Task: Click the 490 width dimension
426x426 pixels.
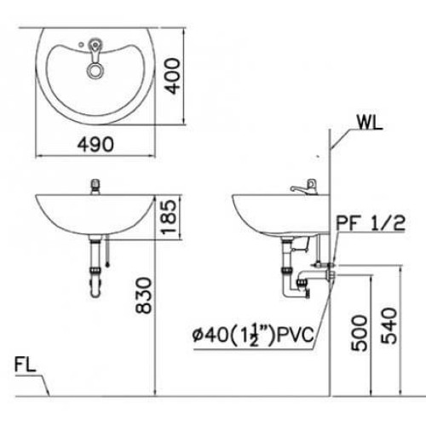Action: coord(95,144)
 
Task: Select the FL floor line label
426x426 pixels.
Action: coord(26,369)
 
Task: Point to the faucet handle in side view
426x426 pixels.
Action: coord(300,187)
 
